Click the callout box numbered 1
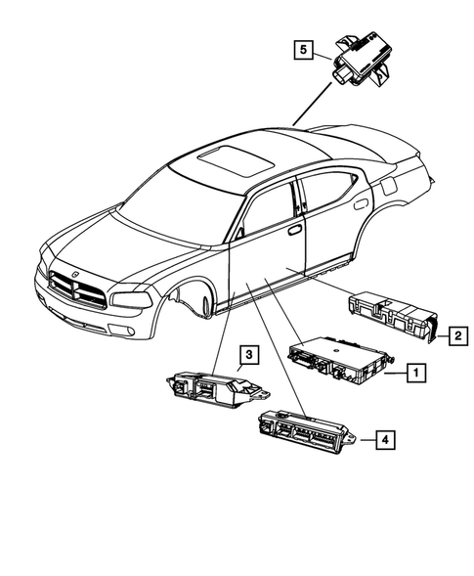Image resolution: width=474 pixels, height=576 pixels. (x=415, y=373)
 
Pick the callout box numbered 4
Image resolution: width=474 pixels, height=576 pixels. (x=388, y=441)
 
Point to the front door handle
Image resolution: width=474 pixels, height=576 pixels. (x=294, y=231)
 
